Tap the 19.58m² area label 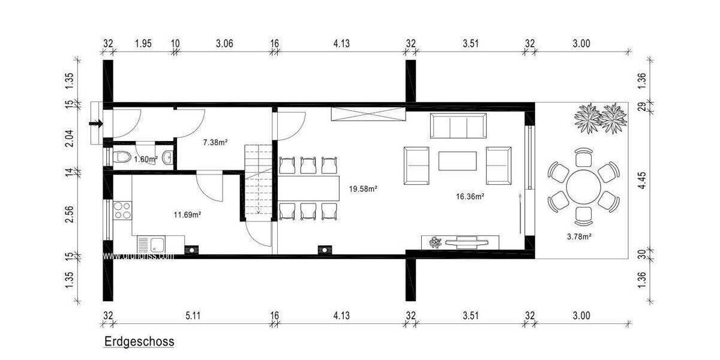363,188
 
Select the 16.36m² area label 470,196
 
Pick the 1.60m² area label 145,159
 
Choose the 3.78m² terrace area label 580,236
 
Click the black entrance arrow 95,124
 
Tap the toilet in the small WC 122,158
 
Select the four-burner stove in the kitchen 122,209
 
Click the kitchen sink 157,245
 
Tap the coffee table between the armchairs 458,161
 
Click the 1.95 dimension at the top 143,43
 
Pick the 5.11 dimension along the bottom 192,316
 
